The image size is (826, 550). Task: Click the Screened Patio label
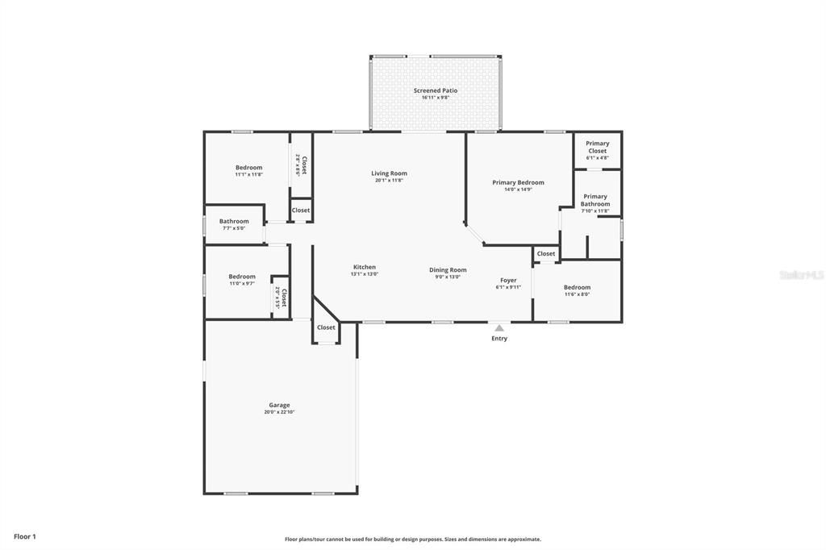pyautogui.click(x=436, y=90)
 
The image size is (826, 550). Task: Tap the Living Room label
pyautogui.click(x=389, y=173)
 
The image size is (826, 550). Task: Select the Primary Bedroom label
pyautogui.click(x=518, y=182)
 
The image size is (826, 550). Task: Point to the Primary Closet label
pyautogui.click(x=597, y=147)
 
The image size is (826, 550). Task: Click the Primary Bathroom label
pyautogui.click(x=595, y=200)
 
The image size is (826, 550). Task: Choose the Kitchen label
pyautogui.click(x=364, y=267)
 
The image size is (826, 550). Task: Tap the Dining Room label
pyautogui.click(x=448, y=270)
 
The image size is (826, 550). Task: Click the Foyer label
pyautogui.click(x=508, y=280)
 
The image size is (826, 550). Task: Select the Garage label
pyautogui.click(x=279, y=405)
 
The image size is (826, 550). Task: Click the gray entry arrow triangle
pyautogui.click(x=499, y=327)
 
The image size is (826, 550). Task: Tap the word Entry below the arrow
pyautogui.click(x=499, y=339)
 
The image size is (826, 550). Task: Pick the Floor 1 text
pyautogui.click(x=25, y=536)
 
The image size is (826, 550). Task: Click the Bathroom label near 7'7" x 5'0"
pyautogui.click(x=234, y=221)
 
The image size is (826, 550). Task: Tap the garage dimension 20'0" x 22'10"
pyautogui.click(x=279, y=412)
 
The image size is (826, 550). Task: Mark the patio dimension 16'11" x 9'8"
pyautogui.click(x=436, y=98)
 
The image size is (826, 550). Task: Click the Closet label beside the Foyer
pyautogui.click(x=546, y=253)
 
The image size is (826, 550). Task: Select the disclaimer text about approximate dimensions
pyautogui.click(x=412, y=540)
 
